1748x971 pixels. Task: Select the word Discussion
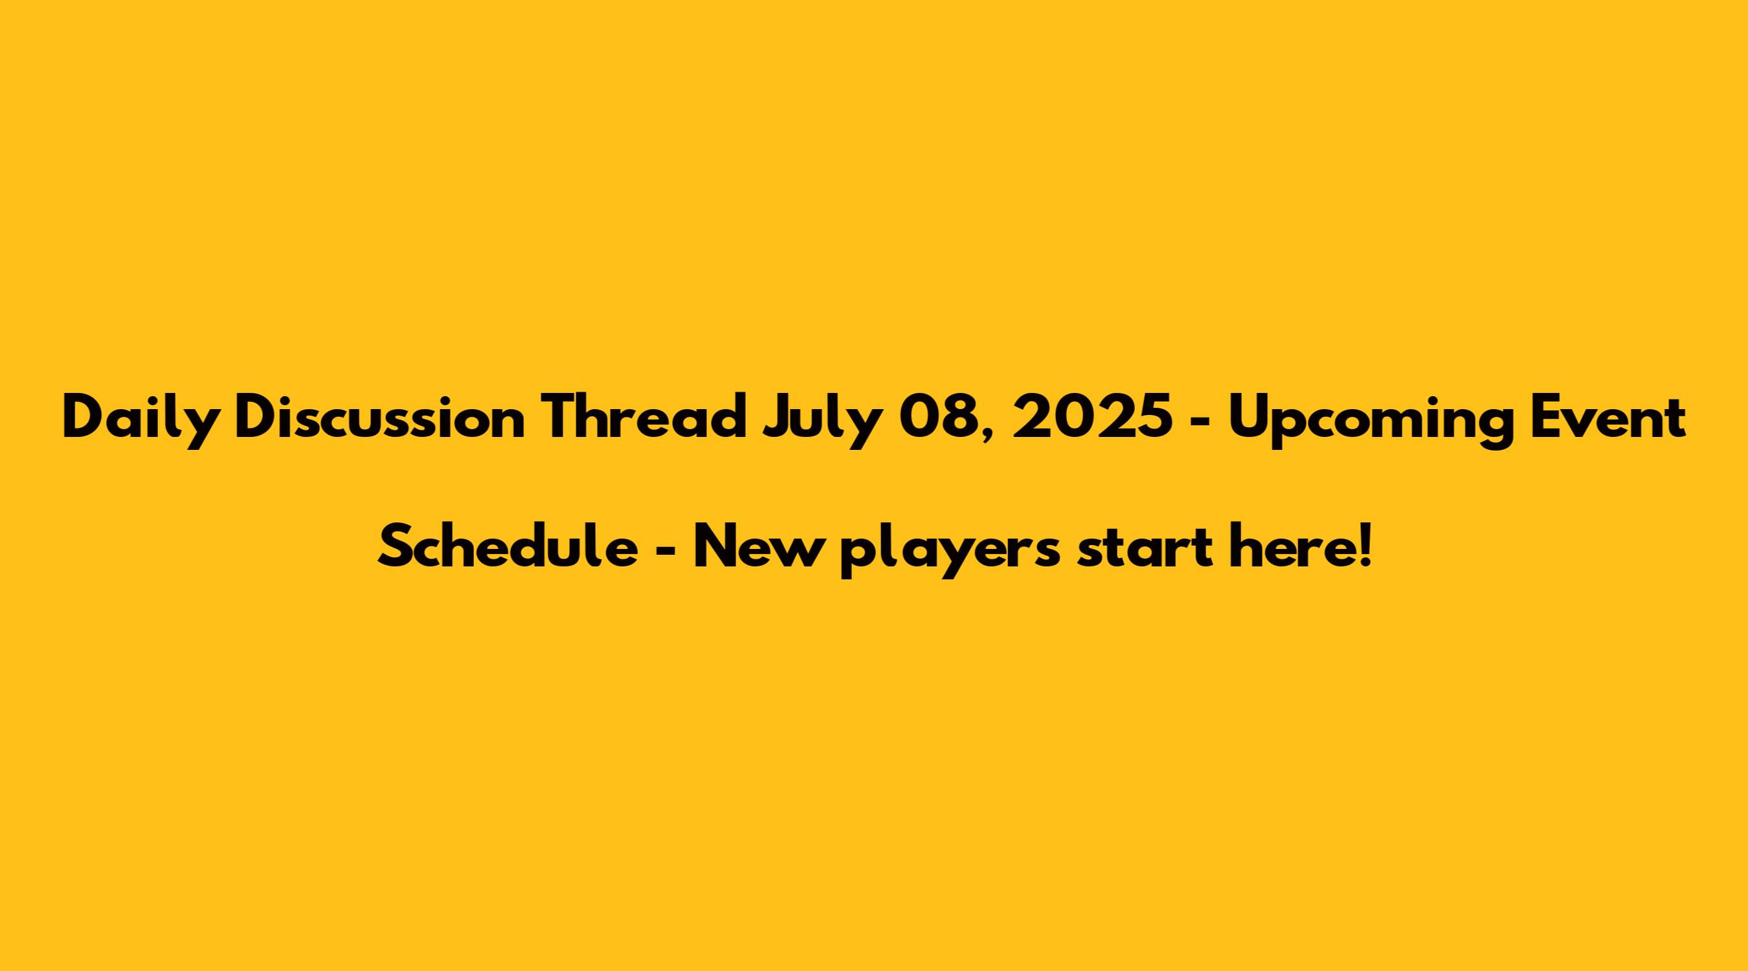tap(381, 417)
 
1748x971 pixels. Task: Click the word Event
tap(1607, 418)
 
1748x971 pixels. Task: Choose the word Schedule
tap(508, 547)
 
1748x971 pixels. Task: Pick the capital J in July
tap(777, 418)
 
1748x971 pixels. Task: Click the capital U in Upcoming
tap(1249, 418)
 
